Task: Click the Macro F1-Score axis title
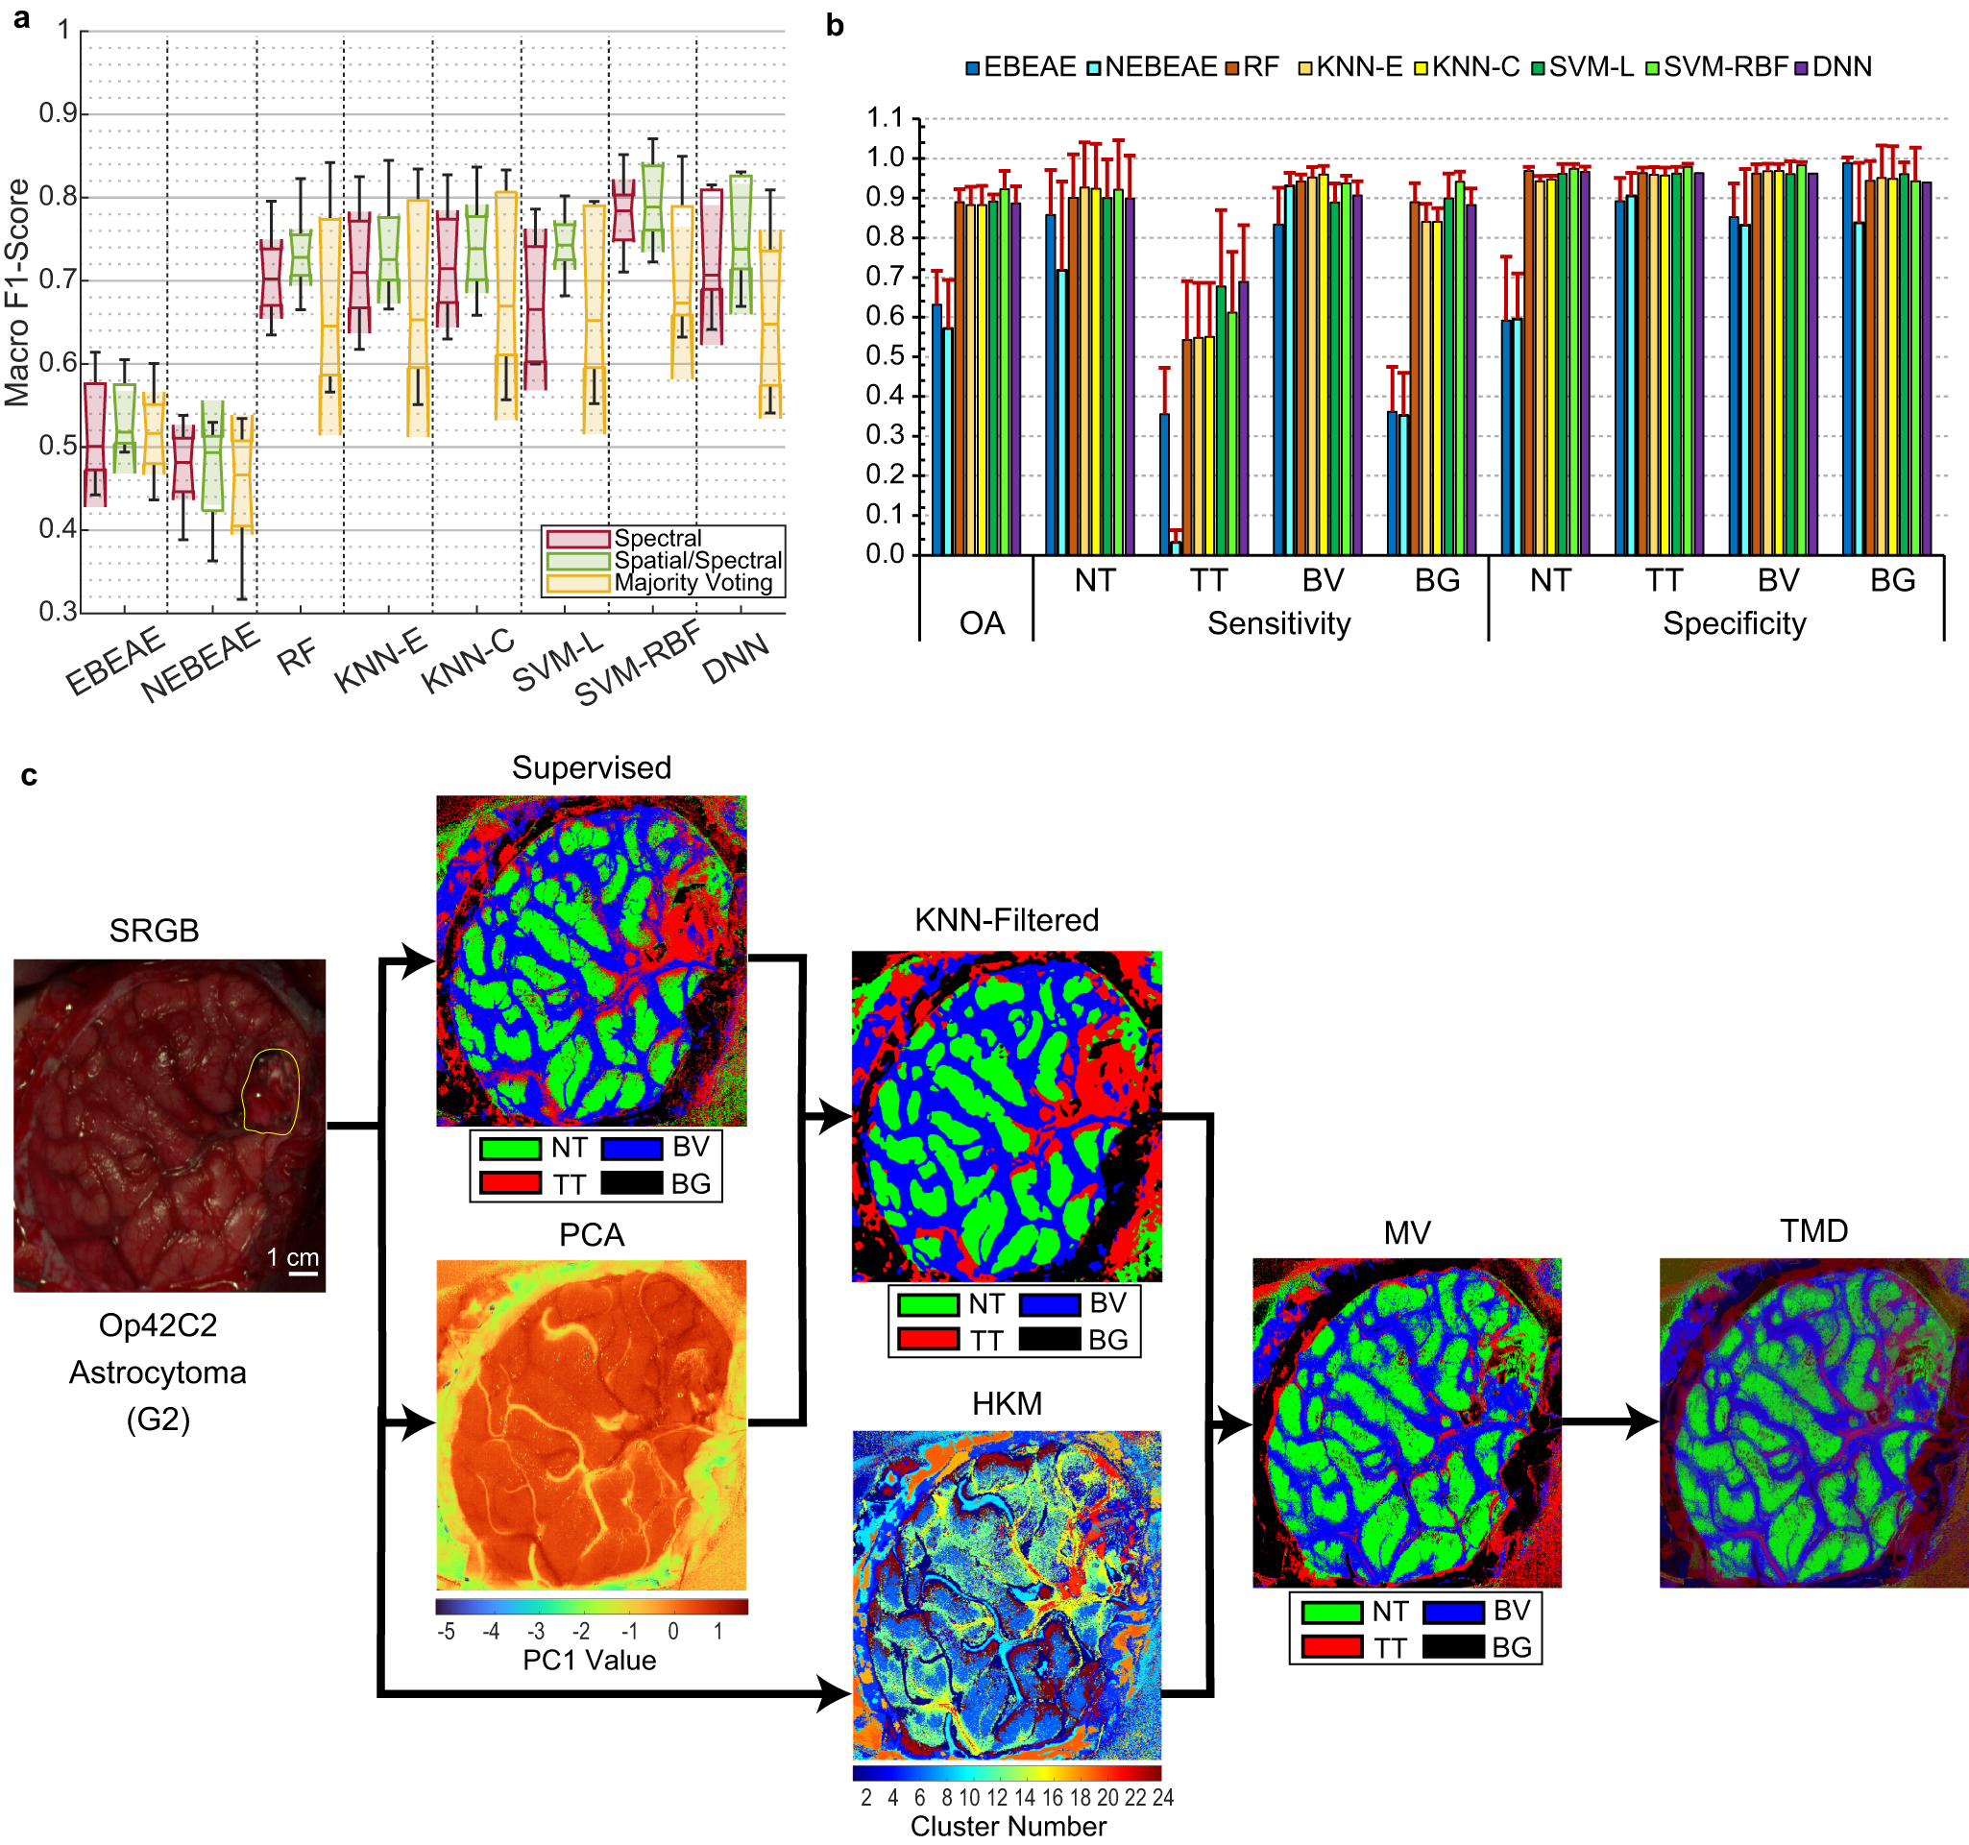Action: (x=17, y=293)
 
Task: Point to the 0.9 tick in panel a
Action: (x=58, y=114)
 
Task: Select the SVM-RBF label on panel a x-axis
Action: (x=639, y=663)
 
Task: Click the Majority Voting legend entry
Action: (x=693, y=583)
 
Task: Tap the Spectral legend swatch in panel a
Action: (x=577, y=539)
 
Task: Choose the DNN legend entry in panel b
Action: (x=1841, y=67)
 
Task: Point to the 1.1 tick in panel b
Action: (x=886, y=119)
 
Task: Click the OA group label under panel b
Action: (x=982, y=623)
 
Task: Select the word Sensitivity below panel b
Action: (x=1278, y=623)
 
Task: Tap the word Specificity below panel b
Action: (x=1735, y=623)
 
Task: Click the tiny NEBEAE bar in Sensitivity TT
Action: (x=1176, y=546)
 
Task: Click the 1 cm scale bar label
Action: (x=293, y=1258)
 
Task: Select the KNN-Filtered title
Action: (x=1007, y=920)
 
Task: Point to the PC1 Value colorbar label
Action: (x=590, y=1660)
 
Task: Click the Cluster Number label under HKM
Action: (x=1009, y=1826)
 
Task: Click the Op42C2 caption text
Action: (x=158, y=1325)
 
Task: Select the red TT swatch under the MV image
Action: (x=1332, y=1647)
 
